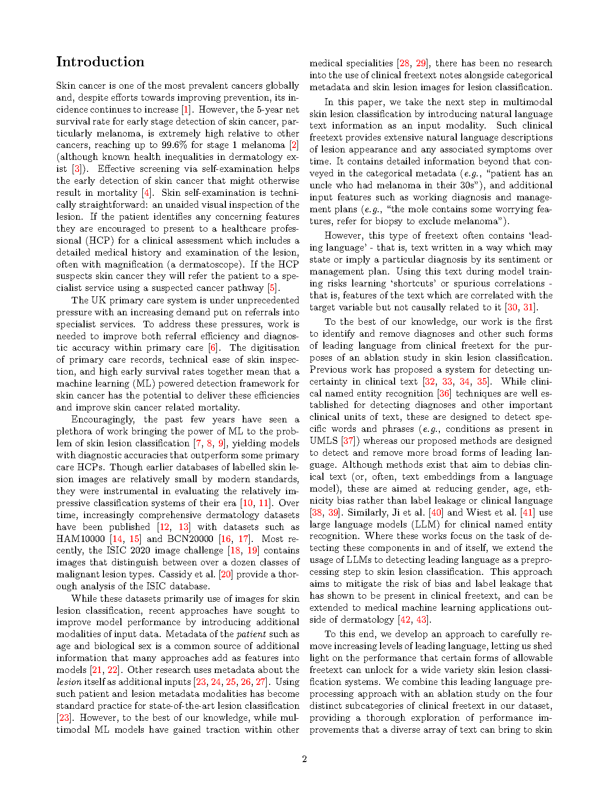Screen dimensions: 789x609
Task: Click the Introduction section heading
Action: coord(100,62)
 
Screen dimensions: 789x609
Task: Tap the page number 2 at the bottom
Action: coord(304,759)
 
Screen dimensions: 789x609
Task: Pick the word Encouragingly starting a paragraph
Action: coord(102,419)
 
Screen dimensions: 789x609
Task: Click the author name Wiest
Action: coord(484,513)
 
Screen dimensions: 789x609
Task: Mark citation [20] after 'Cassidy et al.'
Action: coord(226,574)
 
